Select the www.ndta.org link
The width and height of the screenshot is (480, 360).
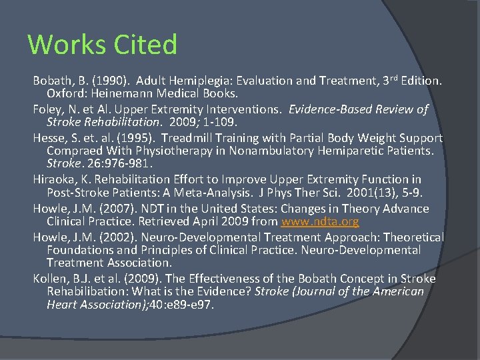tap(320, 221)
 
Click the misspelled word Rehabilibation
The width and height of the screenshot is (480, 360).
tap(89, 291)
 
